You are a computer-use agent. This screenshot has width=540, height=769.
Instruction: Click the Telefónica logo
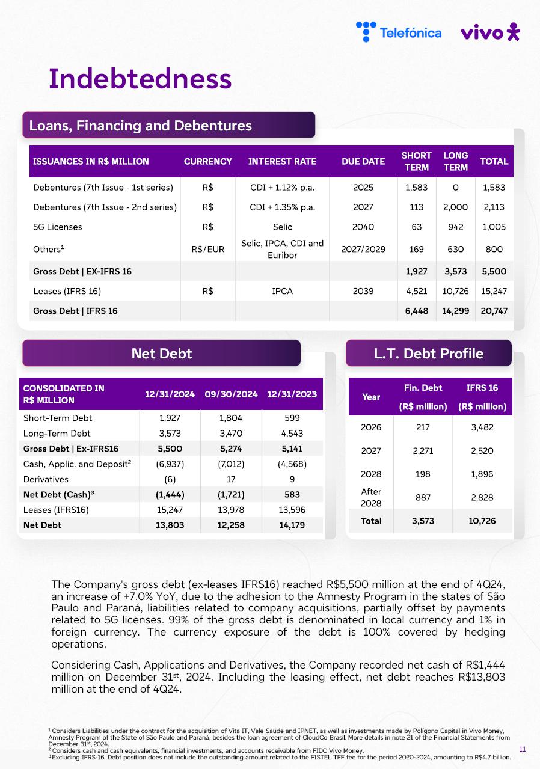[399, 32]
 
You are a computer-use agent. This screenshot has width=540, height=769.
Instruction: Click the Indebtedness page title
[140, 79]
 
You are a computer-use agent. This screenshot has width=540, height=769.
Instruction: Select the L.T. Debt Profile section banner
[428, 354]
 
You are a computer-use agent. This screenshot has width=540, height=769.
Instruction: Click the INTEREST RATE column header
[282, 161]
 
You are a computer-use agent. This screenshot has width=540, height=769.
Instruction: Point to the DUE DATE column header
[363, 161]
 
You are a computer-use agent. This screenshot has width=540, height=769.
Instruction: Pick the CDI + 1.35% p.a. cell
[282, 207]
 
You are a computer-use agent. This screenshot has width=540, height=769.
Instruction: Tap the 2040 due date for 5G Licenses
[363, 227]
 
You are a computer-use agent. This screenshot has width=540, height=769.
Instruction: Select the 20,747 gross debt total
[494, 311]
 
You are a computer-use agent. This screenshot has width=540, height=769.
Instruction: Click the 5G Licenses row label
[58, 227]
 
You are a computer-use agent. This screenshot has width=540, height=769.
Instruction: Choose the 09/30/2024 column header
[231, 394]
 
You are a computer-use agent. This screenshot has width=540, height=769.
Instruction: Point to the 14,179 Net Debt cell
[292, 525]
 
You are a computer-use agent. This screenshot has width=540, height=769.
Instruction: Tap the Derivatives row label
[46, 479]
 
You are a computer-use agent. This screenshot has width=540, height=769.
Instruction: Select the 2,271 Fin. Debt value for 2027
[423, 451]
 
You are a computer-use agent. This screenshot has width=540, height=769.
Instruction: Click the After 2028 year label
[371, 497]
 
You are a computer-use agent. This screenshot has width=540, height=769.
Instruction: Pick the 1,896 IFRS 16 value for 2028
[482, 474]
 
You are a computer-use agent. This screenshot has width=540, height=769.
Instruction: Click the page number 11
[522, 749]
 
